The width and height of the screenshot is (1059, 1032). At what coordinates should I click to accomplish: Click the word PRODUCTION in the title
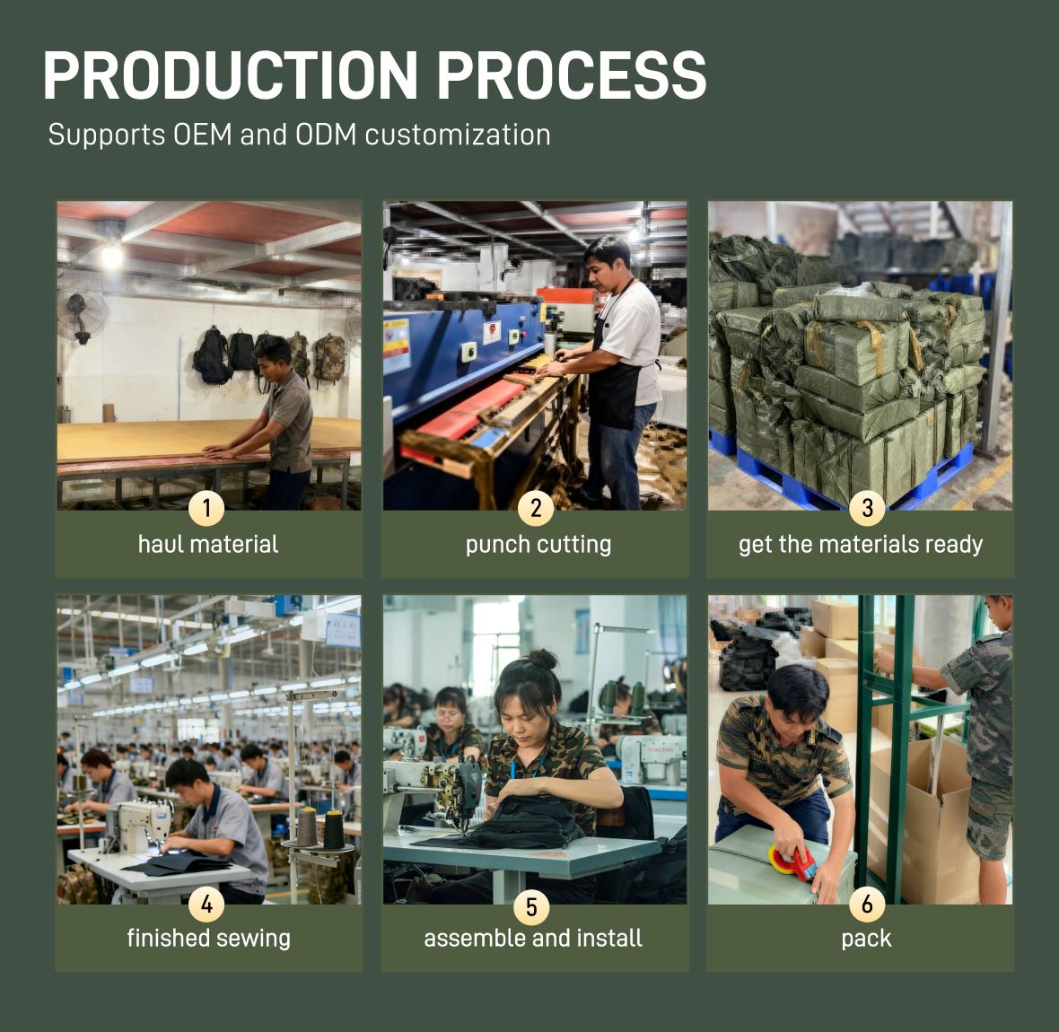(231, 75)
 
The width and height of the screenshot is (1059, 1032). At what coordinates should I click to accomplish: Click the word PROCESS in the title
(572, 75)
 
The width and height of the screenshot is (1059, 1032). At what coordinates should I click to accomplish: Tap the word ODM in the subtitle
(326, 135)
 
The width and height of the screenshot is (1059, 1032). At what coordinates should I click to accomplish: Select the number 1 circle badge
(206, 508)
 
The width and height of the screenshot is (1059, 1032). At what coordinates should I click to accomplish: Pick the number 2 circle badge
(536, 508)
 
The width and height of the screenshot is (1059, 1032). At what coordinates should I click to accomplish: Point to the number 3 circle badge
(867, 508)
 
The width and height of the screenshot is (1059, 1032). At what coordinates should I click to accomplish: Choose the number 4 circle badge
(206, 904)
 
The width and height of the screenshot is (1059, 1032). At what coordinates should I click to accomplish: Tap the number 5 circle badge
(531, 907)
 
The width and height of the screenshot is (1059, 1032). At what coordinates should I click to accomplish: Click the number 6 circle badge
(867, 904)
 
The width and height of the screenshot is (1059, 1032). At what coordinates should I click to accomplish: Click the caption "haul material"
(208, 545)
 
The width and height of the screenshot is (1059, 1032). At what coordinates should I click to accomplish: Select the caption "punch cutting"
(538, 545)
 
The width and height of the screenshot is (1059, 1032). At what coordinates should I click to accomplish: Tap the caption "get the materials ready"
(861, 545)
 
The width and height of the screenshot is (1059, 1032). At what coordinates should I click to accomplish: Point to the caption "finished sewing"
(209, 939)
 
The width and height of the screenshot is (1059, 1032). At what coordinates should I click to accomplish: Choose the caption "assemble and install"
(533, 938)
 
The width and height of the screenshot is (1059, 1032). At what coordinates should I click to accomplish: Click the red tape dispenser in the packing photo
(794, 861)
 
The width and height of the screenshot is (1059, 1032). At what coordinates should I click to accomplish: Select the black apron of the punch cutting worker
(616, 385)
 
